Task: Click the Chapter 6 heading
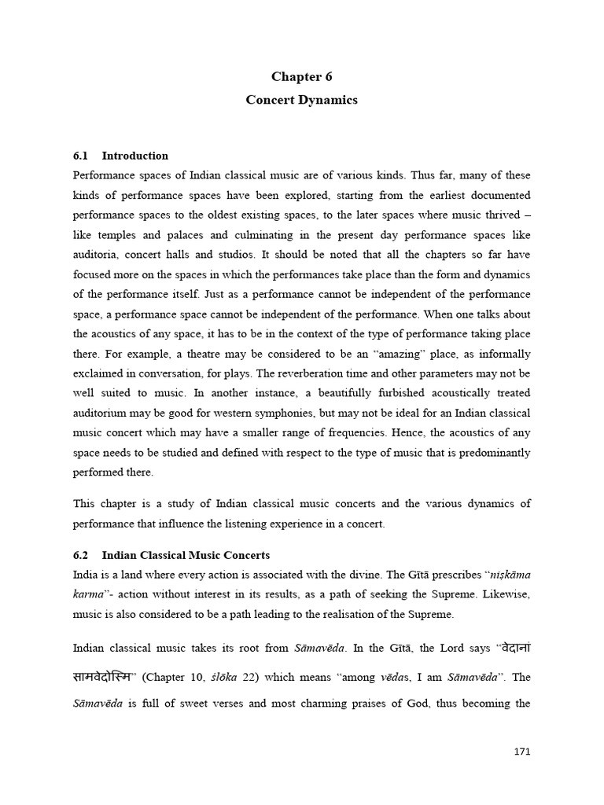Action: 302,76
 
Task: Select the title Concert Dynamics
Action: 302,100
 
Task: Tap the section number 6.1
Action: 81,156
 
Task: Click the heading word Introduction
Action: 135,156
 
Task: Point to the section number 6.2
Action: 81,555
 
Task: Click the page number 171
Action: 521,752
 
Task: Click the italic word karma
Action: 88,595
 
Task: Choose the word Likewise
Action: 503,595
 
